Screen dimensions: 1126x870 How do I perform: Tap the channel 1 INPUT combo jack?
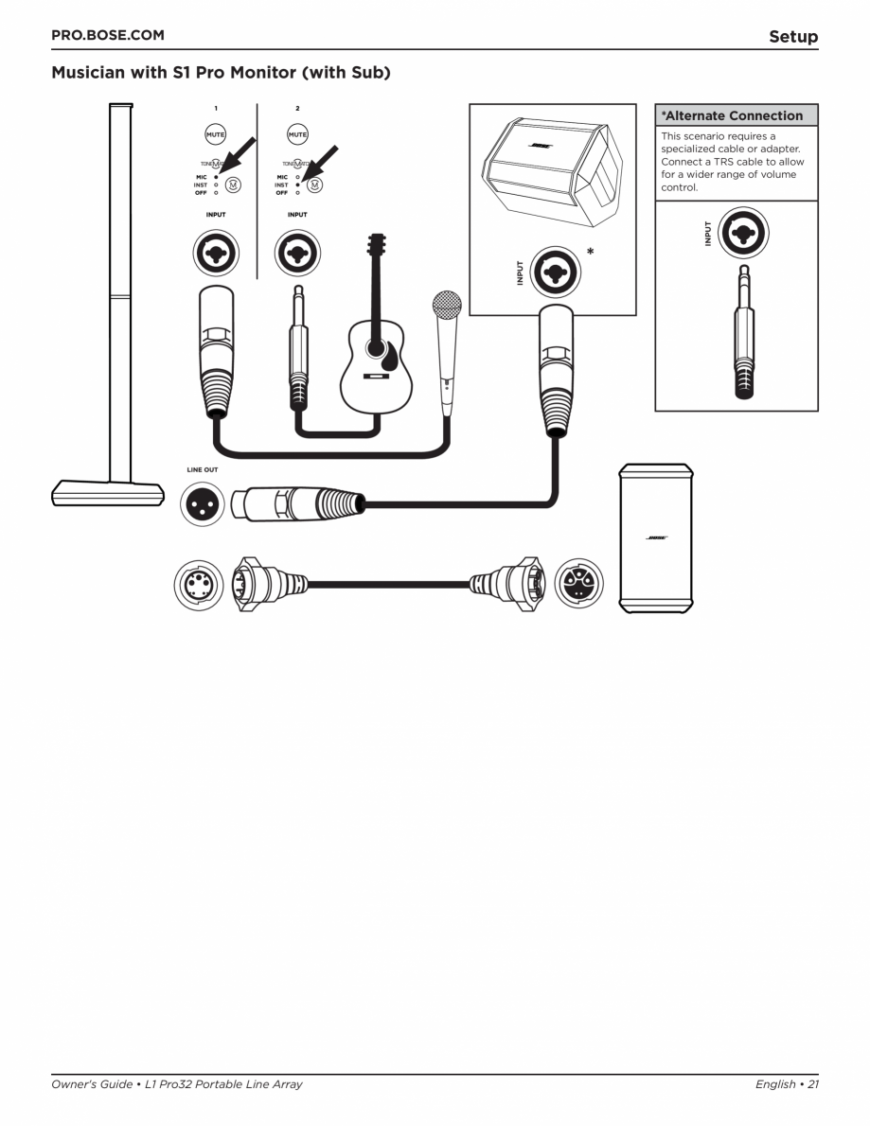pos(216,253)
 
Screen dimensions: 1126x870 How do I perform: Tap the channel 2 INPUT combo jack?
pos(297,253)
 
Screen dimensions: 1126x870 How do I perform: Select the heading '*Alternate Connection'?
pos(733,116)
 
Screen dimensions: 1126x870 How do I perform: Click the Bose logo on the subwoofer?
pos(656,537)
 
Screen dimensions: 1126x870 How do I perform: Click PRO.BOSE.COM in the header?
pos(107,36)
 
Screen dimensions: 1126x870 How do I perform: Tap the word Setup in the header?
pos(792,37)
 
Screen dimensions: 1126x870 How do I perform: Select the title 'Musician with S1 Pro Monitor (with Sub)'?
pos(221,73)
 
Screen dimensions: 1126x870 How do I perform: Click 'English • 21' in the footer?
pos(786,1084)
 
